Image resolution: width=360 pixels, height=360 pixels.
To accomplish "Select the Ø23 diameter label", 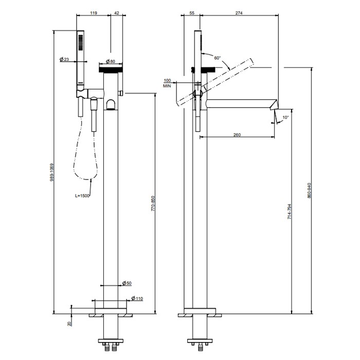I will coord(65,60).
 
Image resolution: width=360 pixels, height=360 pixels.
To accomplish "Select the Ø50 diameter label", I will coord(127,283).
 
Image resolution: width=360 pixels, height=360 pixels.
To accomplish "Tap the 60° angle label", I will coord(218,59).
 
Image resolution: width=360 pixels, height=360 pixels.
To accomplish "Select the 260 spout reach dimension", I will coord(237,135).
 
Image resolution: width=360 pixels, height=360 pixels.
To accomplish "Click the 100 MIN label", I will coord(167,83).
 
